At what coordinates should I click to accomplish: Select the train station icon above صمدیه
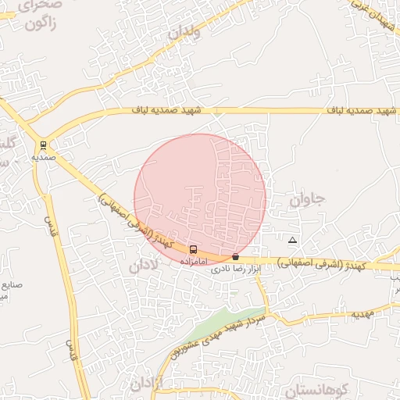click(x=42, y=145)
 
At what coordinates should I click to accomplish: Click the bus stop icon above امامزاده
click(x=193, y=249)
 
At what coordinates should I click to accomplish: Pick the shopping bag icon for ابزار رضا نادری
click(x=235, y=256)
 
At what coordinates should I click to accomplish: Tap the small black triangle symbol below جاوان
click(x=292, y=239)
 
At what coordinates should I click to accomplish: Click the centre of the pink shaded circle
click(x=200, y=200)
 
